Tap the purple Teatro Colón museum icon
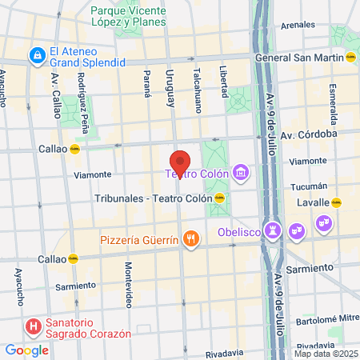point(240,173)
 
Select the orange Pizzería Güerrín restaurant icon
point(190,238)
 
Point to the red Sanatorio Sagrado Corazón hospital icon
point(34,326)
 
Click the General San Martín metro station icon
point(350,58)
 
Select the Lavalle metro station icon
point(336,202)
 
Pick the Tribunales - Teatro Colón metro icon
point(231,198)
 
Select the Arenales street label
point(298,25)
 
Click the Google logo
point(26,350)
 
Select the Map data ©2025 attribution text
point(326,354)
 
